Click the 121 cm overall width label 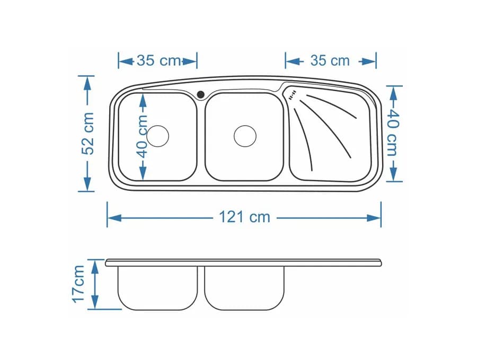point(244,217)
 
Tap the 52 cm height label point(88,133)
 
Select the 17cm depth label point(78,284)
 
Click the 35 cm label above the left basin point(159,60)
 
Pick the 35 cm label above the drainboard point(330,60)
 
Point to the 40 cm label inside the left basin point(142,137)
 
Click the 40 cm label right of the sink point(393,133)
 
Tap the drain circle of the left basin point(157,136)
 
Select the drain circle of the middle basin point(245,136)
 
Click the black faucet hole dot point(201,94)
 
